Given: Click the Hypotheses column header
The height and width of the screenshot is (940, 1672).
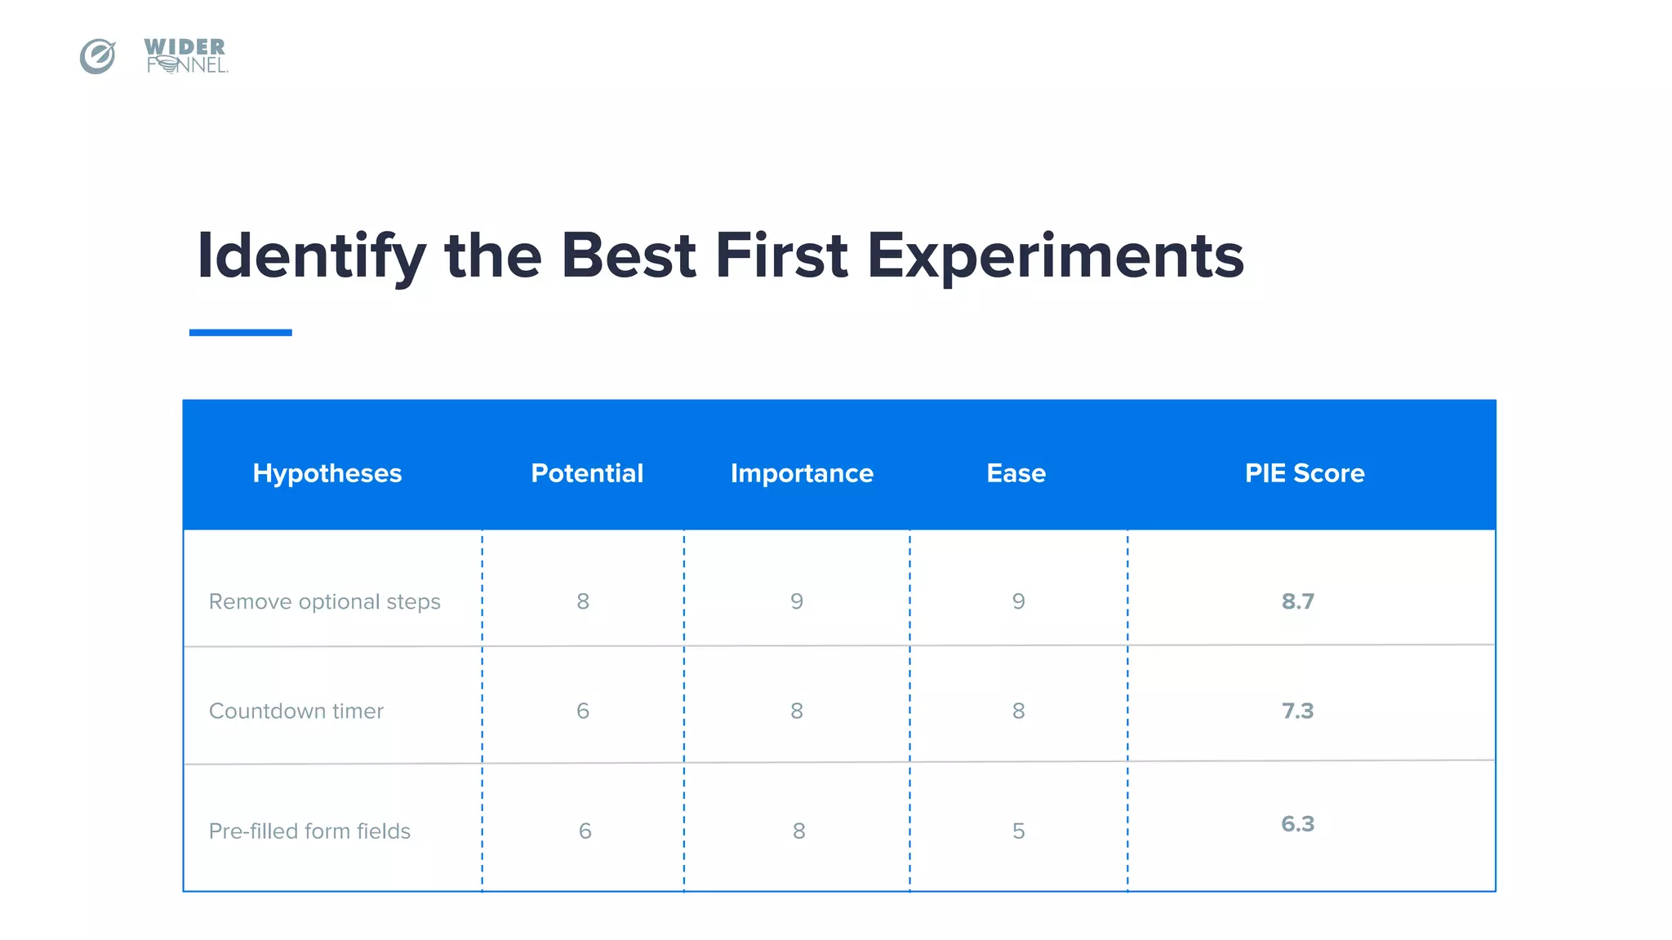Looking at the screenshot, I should tap(327, 473).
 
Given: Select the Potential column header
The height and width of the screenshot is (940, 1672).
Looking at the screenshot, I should tap(587, 473).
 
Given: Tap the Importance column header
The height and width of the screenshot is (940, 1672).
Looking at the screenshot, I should tap(802, 473).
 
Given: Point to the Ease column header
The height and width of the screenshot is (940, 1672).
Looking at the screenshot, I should tap(1016, 473).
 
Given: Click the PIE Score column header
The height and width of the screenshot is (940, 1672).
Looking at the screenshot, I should tap(1304, 473).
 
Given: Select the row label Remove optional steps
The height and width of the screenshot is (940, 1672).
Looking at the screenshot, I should tap(324, 602).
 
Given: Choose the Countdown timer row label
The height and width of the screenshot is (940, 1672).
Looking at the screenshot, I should tap(296, 712).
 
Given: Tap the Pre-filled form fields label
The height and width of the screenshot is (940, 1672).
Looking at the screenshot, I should tap(309, 831).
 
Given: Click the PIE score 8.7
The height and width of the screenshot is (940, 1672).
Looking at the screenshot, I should tap(1297, 602).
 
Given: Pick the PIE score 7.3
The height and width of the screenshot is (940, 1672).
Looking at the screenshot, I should tap(1297, 712).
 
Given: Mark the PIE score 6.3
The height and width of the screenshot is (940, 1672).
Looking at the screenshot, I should tap(1297, 824).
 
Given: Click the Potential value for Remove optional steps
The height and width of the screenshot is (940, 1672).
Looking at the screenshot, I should tap(583, 602).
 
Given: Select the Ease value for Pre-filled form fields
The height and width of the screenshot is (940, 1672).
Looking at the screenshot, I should tap(1018, 831).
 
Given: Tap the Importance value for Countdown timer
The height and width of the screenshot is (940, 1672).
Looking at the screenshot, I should tap(797, 712).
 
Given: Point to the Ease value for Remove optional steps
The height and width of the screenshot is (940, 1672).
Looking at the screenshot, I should tap(1018, 602).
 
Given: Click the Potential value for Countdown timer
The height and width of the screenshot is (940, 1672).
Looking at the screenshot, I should tap(583, 712).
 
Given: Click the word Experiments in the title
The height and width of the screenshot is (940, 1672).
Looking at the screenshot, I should tap(1055, 256).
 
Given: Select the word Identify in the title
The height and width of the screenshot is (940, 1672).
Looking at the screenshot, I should tap(311, 256).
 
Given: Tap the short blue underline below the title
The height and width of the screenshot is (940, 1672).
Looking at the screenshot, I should tap(240, 332).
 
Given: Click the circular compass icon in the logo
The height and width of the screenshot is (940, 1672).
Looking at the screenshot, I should tap(97, 56).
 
